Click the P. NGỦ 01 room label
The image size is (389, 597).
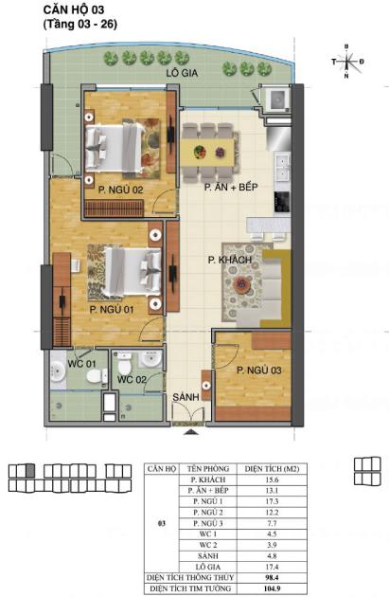111,309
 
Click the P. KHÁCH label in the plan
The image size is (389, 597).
230,259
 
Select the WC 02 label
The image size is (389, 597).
131,380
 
